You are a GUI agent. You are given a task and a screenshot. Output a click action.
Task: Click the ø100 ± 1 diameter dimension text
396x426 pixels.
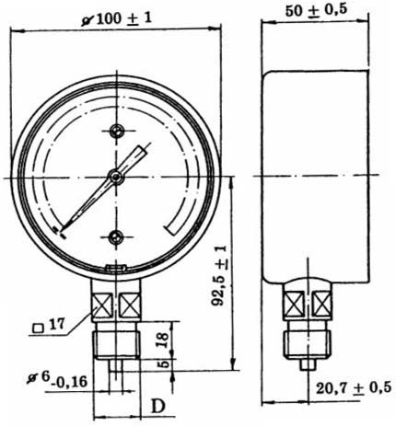coord(117,19)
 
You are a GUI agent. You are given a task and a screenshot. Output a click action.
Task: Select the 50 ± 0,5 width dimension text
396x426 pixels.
coord(316,10)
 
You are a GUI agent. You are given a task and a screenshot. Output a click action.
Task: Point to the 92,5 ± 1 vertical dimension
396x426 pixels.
coord(220,275)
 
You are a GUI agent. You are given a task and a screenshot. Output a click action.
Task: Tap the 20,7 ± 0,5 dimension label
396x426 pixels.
coord(354,387)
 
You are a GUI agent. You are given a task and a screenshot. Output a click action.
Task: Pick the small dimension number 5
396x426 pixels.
coord(164,364)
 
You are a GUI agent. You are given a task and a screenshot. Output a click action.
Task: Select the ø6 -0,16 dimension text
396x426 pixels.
coord(57,379)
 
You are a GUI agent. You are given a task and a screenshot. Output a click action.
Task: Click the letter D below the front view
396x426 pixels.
coord(158,407)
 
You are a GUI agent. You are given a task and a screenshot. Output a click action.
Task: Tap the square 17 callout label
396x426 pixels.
coord(49,326)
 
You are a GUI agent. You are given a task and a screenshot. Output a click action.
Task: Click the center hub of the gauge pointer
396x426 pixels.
coord(116,177)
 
